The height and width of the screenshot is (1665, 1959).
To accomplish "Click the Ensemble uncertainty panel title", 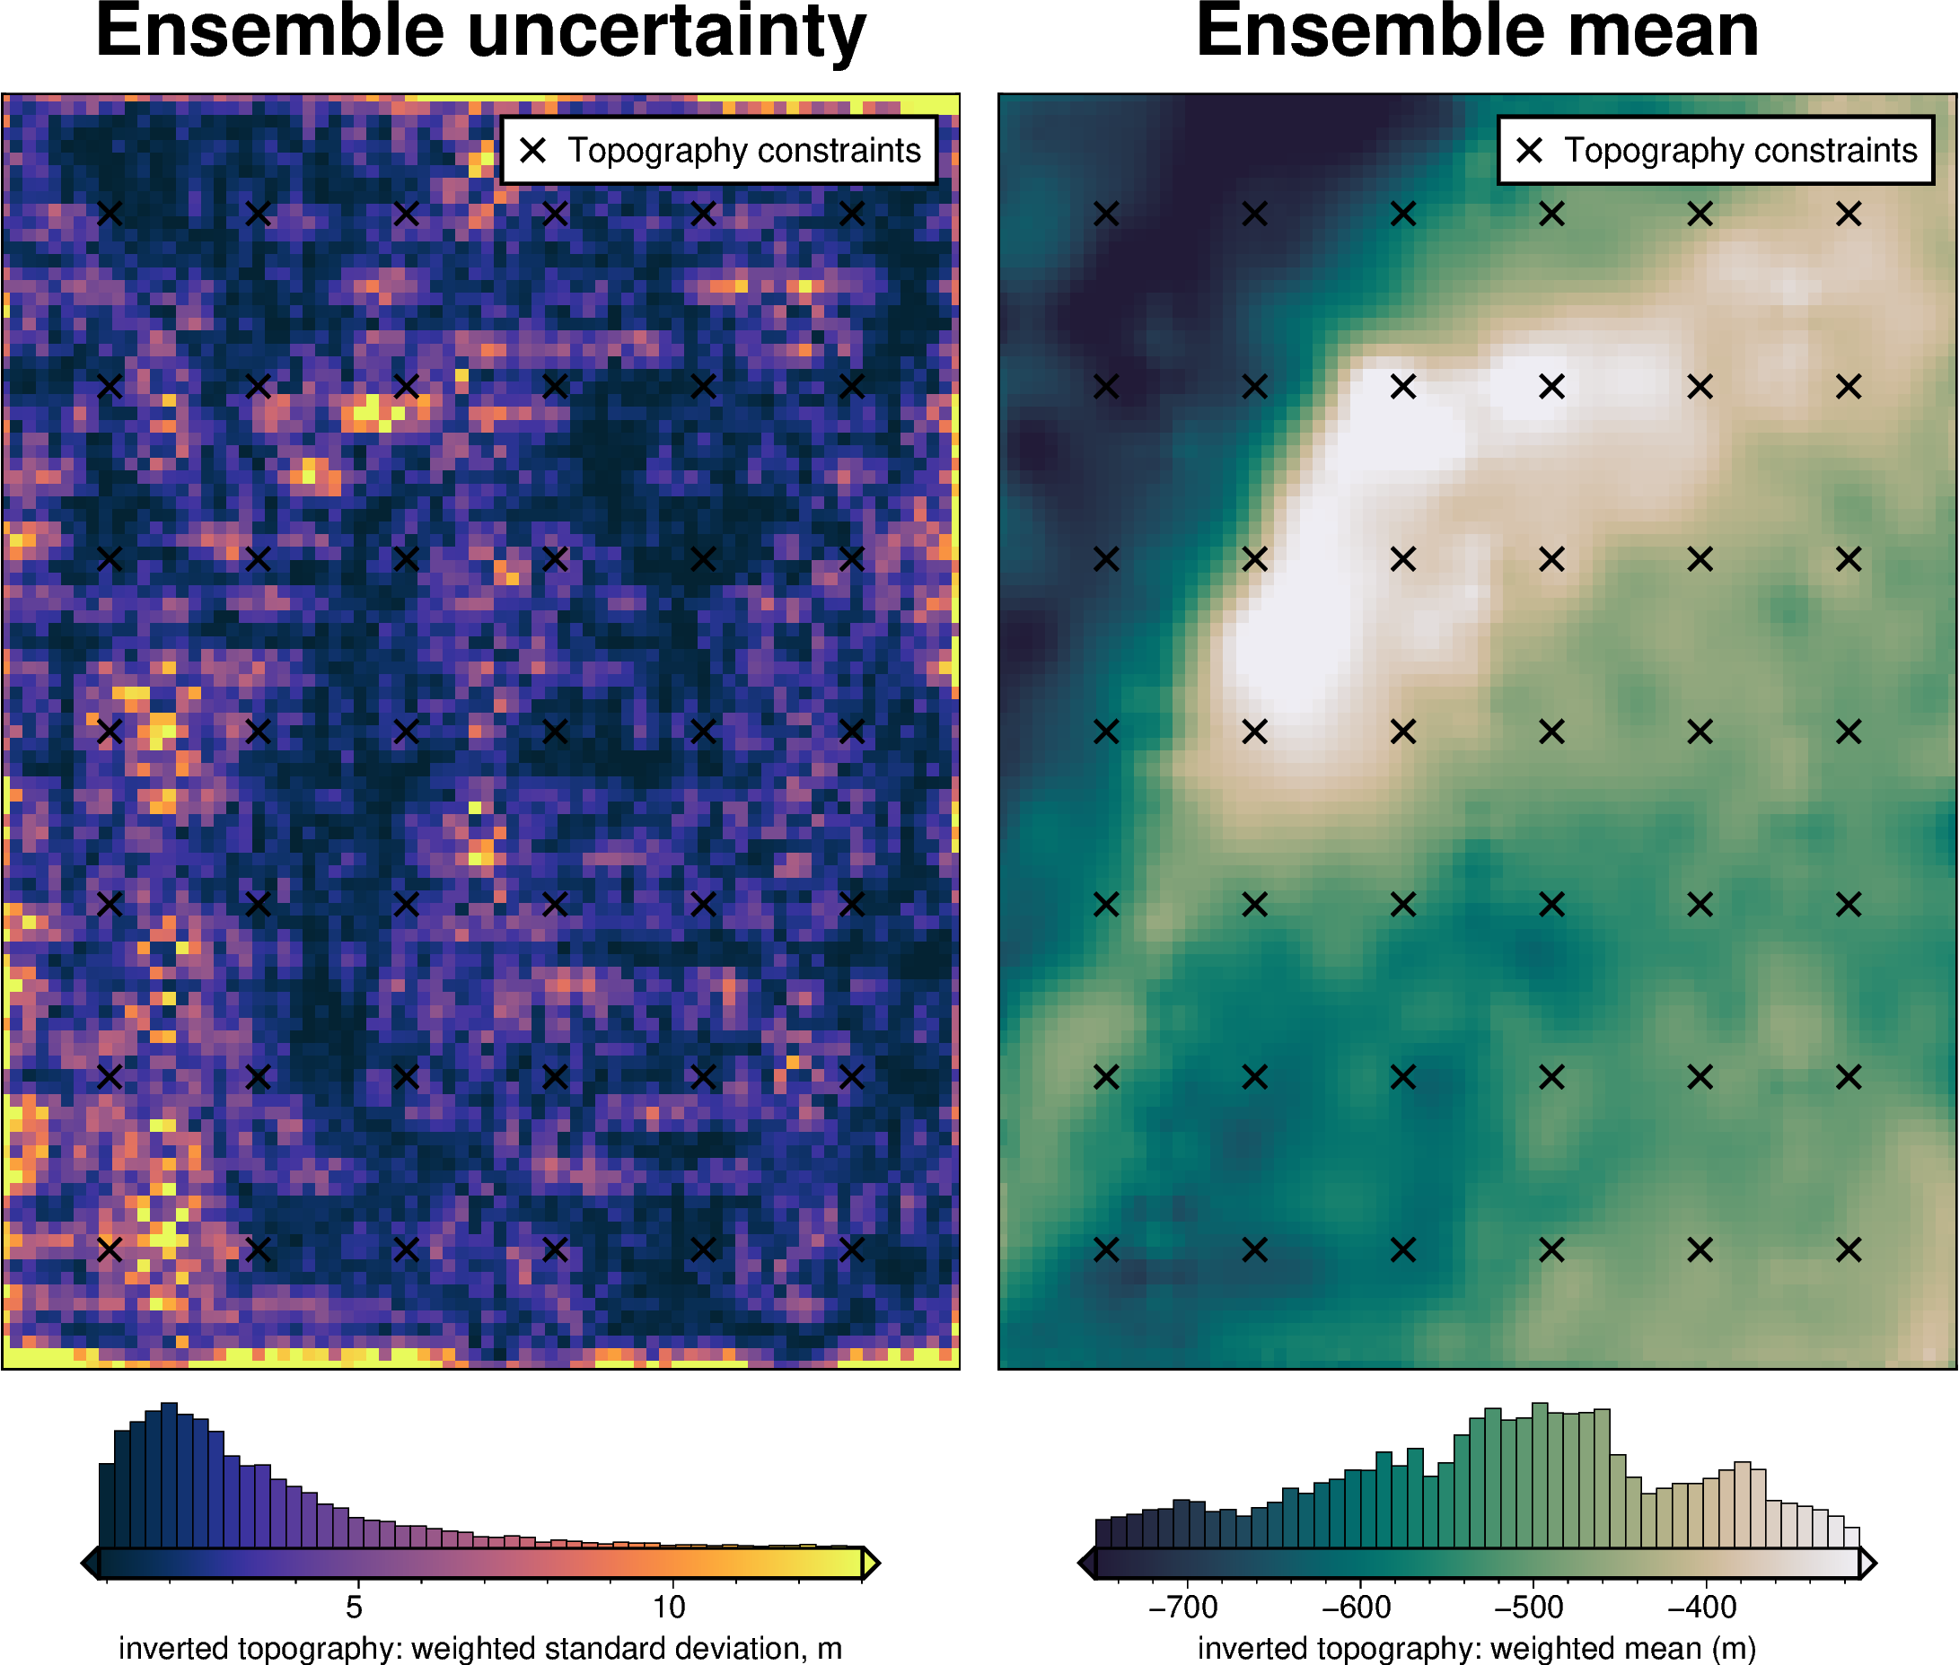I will click(480, 32).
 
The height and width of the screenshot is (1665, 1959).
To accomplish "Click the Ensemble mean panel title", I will click(1477, 32).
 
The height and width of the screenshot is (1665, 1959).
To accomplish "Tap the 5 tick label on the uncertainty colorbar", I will click(354, 1607).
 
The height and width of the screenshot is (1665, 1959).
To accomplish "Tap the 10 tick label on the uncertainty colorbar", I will click(669, 1607).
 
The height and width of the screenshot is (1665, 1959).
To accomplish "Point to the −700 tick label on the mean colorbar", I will click(1182, 1607).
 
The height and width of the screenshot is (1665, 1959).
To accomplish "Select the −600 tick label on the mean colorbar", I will click(1356, 1607).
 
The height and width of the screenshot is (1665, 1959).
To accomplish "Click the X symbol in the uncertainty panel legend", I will click(533, 150).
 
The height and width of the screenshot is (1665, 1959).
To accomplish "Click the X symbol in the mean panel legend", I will click(1530, 150).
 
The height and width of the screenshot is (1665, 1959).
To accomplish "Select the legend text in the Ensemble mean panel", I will click(1740, 150).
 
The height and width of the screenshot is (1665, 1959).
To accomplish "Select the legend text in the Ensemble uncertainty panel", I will click(744, 150).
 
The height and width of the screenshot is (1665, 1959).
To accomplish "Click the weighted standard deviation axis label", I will click(479, 1648).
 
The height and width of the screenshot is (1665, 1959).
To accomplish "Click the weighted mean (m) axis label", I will click(1477, 1648).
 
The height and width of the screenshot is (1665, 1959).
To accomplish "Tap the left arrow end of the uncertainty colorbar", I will click(91, 1563).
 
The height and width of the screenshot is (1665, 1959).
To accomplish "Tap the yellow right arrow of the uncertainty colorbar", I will click(871, 1563).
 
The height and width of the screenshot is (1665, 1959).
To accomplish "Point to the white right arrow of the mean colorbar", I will click(1867, 1563).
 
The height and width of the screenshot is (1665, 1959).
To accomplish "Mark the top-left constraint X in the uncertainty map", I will click(110, 215).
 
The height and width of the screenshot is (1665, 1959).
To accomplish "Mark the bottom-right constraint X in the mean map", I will click(1849, 1249).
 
